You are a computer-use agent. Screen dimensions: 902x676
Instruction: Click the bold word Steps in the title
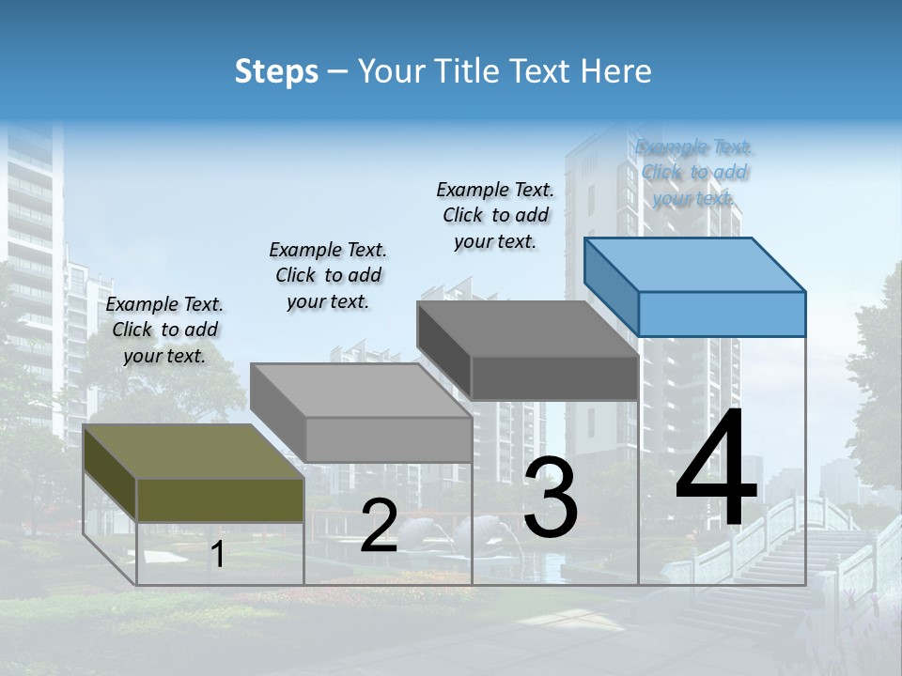point(276,71)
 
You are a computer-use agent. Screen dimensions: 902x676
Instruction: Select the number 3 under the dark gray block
point(551,499)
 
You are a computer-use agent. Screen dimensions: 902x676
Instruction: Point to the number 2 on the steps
point(379,526)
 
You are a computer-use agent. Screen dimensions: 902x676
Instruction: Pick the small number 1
point(217,555)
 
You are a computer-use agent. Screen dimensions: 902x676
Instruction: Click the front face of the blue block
point(722,314)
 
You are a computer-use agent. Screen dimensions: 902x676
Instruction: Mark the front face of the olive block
point(220,500)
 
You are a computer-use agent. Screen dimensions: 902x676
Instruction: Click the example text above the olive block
point(164,330)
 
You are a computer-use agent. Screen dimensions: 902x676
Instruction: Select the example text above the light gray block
point(328,275)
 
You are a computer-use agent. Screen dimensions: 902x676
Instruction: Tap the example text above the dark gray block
point(495,215)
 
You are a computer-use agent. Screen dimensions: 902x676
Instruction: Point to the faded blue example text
point(694,172)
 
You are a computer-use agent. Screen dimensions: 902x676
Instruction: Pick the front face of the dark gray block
point(554,377)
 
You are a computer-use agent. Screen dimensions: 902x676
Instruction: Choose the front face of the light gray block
point(388,439)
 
